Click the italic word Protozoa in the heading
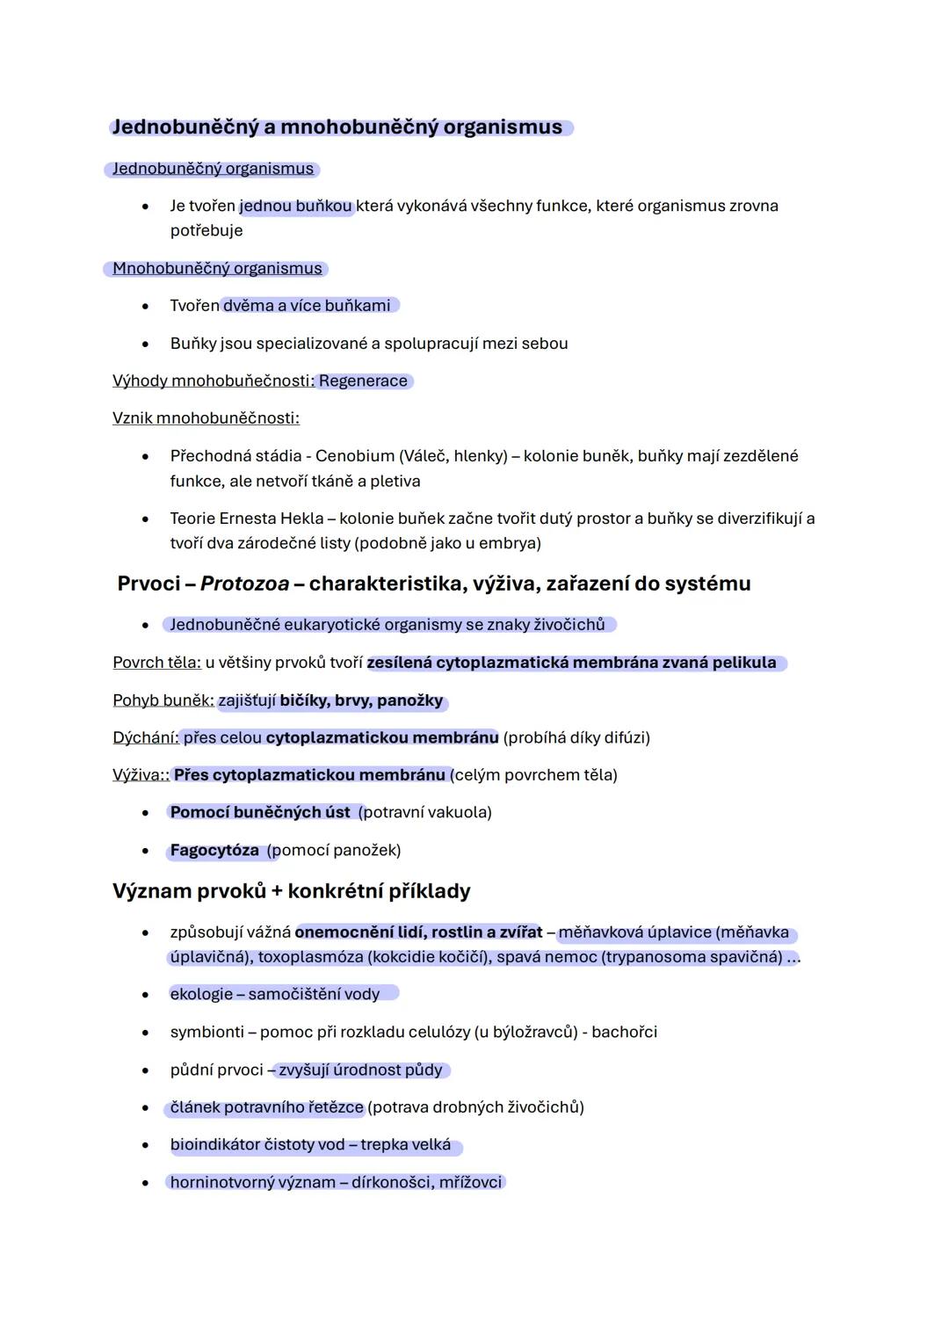[x=244, y=584]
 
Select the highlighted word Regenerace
[x=363, y=381]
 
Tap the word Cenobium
[x=354, y=456]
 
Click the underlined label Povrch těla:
[x=156, y=663]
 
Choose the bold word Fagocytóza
[x=214, y=851]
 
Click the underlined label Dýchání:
[x=145, y=737]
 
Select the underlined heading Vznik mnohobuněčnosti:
[x=206, y=418]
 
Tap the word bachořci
[x=624, y=1032]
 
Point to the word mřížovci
[x=470, y=1182]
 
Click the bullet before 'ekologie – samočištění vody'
[x=145, y=995]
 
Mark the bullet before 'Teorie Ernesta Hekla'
[x=145, y=519]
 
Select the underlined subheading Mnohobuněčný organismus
[x=217, y=269]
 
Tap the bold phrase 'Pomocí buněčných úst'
[x=260, y=813]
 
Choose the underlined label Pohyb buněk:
[x=163, y=700]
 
